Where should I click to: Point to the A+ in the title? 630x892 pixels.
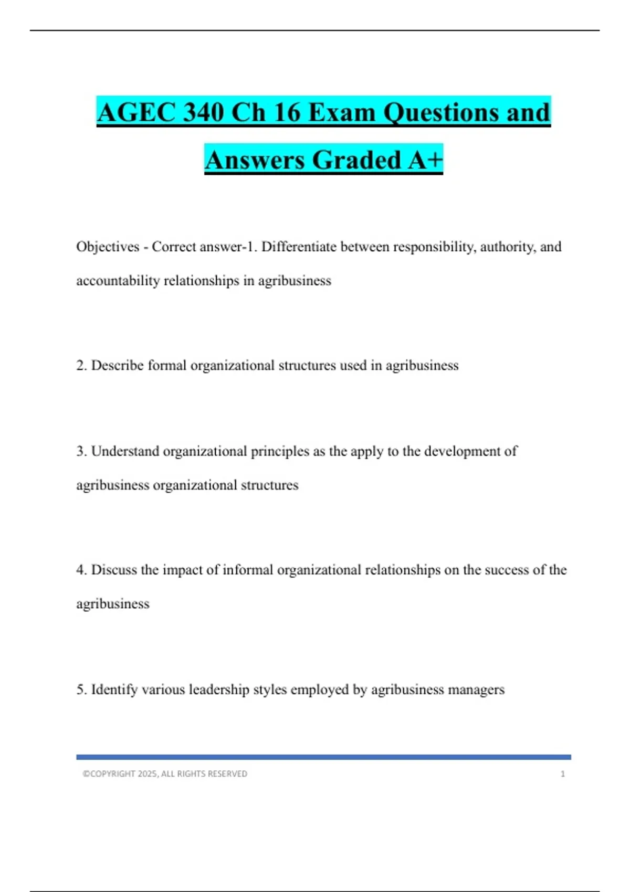coord(426,160)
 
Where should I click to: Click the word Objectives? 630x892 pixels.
coord(108,247)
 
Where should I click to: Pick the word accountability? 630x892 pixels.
coord(118,281)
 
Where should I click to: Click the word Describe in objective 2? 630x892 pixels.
coord(118,365)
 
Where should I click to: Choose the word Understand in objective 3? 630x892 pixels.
coord(125,451)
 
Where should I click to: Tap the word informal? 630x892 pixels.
coord(248,570)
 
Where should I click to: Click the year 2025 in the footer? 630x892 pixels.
coord(148,774)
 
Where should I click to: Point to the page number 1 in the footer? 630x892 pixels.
coord(563,774)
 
